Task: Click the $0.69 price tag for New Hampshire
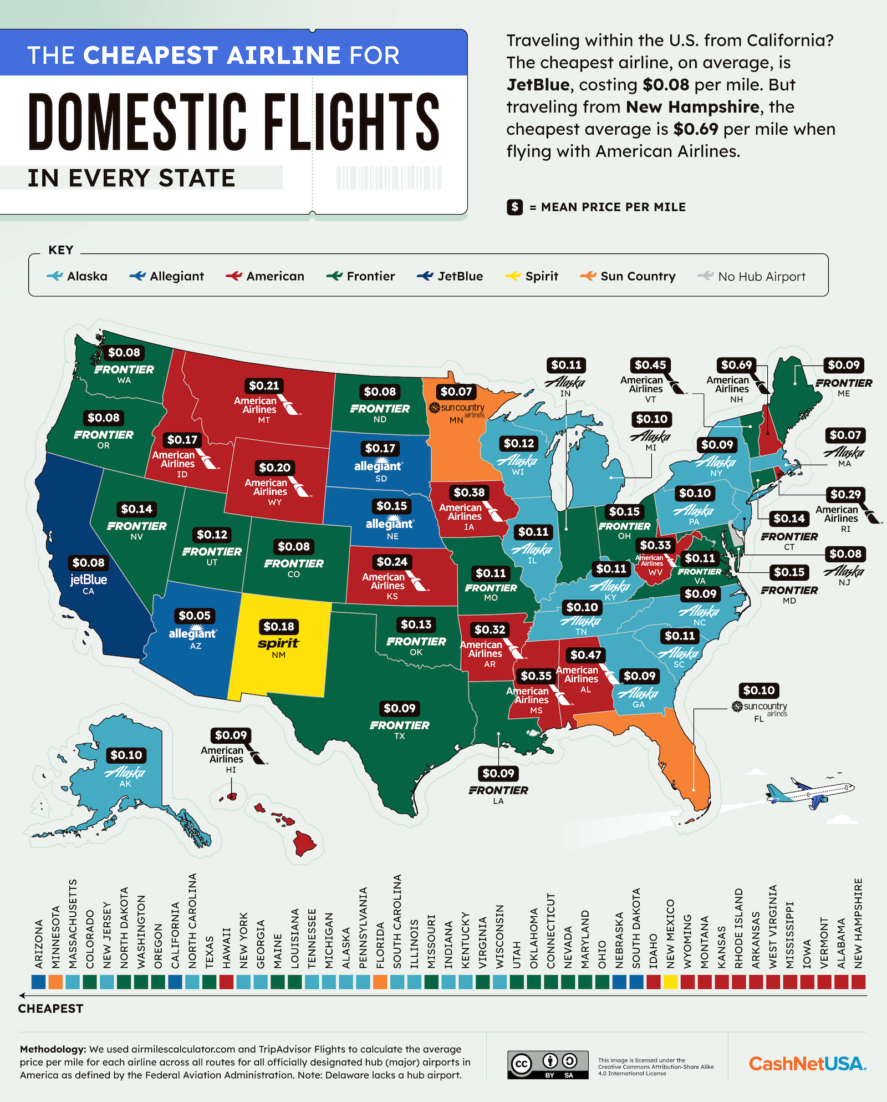[x=736, y=365]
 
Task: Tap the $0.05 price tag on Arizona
[x=195, y=616]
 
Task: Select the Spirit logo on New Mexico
[x=278, y=643]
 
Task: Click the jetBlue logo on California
[x=88, y=580]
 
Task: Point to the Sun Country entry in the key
[x=628, y=276]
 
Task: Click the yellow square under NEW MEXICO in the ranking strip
[x=670, y=982]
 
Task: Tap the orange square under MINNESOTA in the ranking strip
[x=55, y=982]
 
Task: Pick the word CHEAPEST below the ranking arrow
[x=50, y=1009]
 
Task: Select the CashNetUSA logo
[x=807, y=1064]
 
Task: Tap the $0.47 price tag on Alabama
[x=585, y=655]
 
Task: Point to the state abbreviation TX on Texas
[x=400, y=736]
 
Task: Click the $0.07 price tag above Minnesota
[x=456, y=392]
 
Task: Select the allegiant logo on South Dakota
[x=379, y=465]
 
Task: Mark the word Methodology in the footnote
[x=53, y=1049]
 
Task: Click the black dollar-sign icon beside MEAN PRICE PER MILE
[x=514, y=207]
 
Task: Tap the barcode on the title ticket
[x=389, y=178]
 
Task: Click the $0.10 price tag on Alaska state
[x=126, y=755]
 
